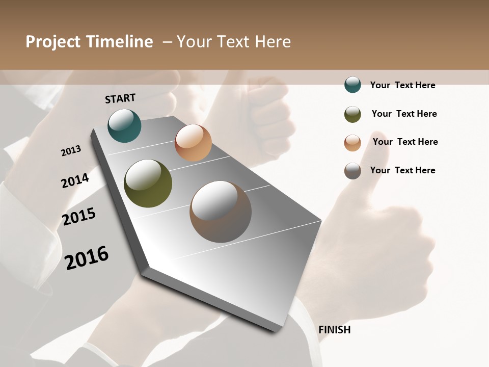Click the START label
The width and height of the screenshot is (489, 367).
[x=120, y=98]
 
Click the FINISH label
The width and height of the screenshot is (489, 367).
[x=334, y=330]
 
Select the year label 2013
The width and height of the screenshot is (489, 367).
[x=71, y=150]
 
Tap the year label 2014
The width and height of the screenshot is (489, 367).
[x=75, y=180]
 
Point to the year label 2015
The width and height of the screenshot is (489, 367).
[x=79, y=217]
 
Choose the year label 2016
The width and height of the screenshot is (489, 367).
[x=87, y=257]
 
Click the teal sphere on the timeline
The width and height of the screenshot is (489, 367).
[x=124, y=126]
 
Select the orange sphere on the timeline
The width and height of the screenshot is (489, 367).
[x=193, y=143]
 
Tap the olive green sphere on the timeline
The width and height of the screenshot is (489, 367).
[x=148, y=183]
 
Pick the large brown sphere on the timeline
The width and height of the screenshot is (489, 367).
[x=220, y=212]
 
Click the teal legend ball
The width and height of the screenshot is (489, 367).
[x=352, y=85]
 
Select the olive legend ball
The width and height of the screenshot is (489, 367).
[x=352, y=114]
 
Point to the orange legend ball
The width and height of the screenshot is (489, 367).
[x=352, y=143]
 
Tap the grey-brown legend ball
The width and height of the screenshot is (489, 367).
[x=352, y=171]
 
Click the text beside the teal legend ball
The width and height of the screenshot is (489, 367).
[x=402, y=85]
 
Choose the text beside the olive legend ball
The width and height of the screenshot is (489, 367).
[x=404, y=114]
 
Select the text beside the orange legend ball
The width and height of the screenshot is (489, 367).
[x=405, y=142]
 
